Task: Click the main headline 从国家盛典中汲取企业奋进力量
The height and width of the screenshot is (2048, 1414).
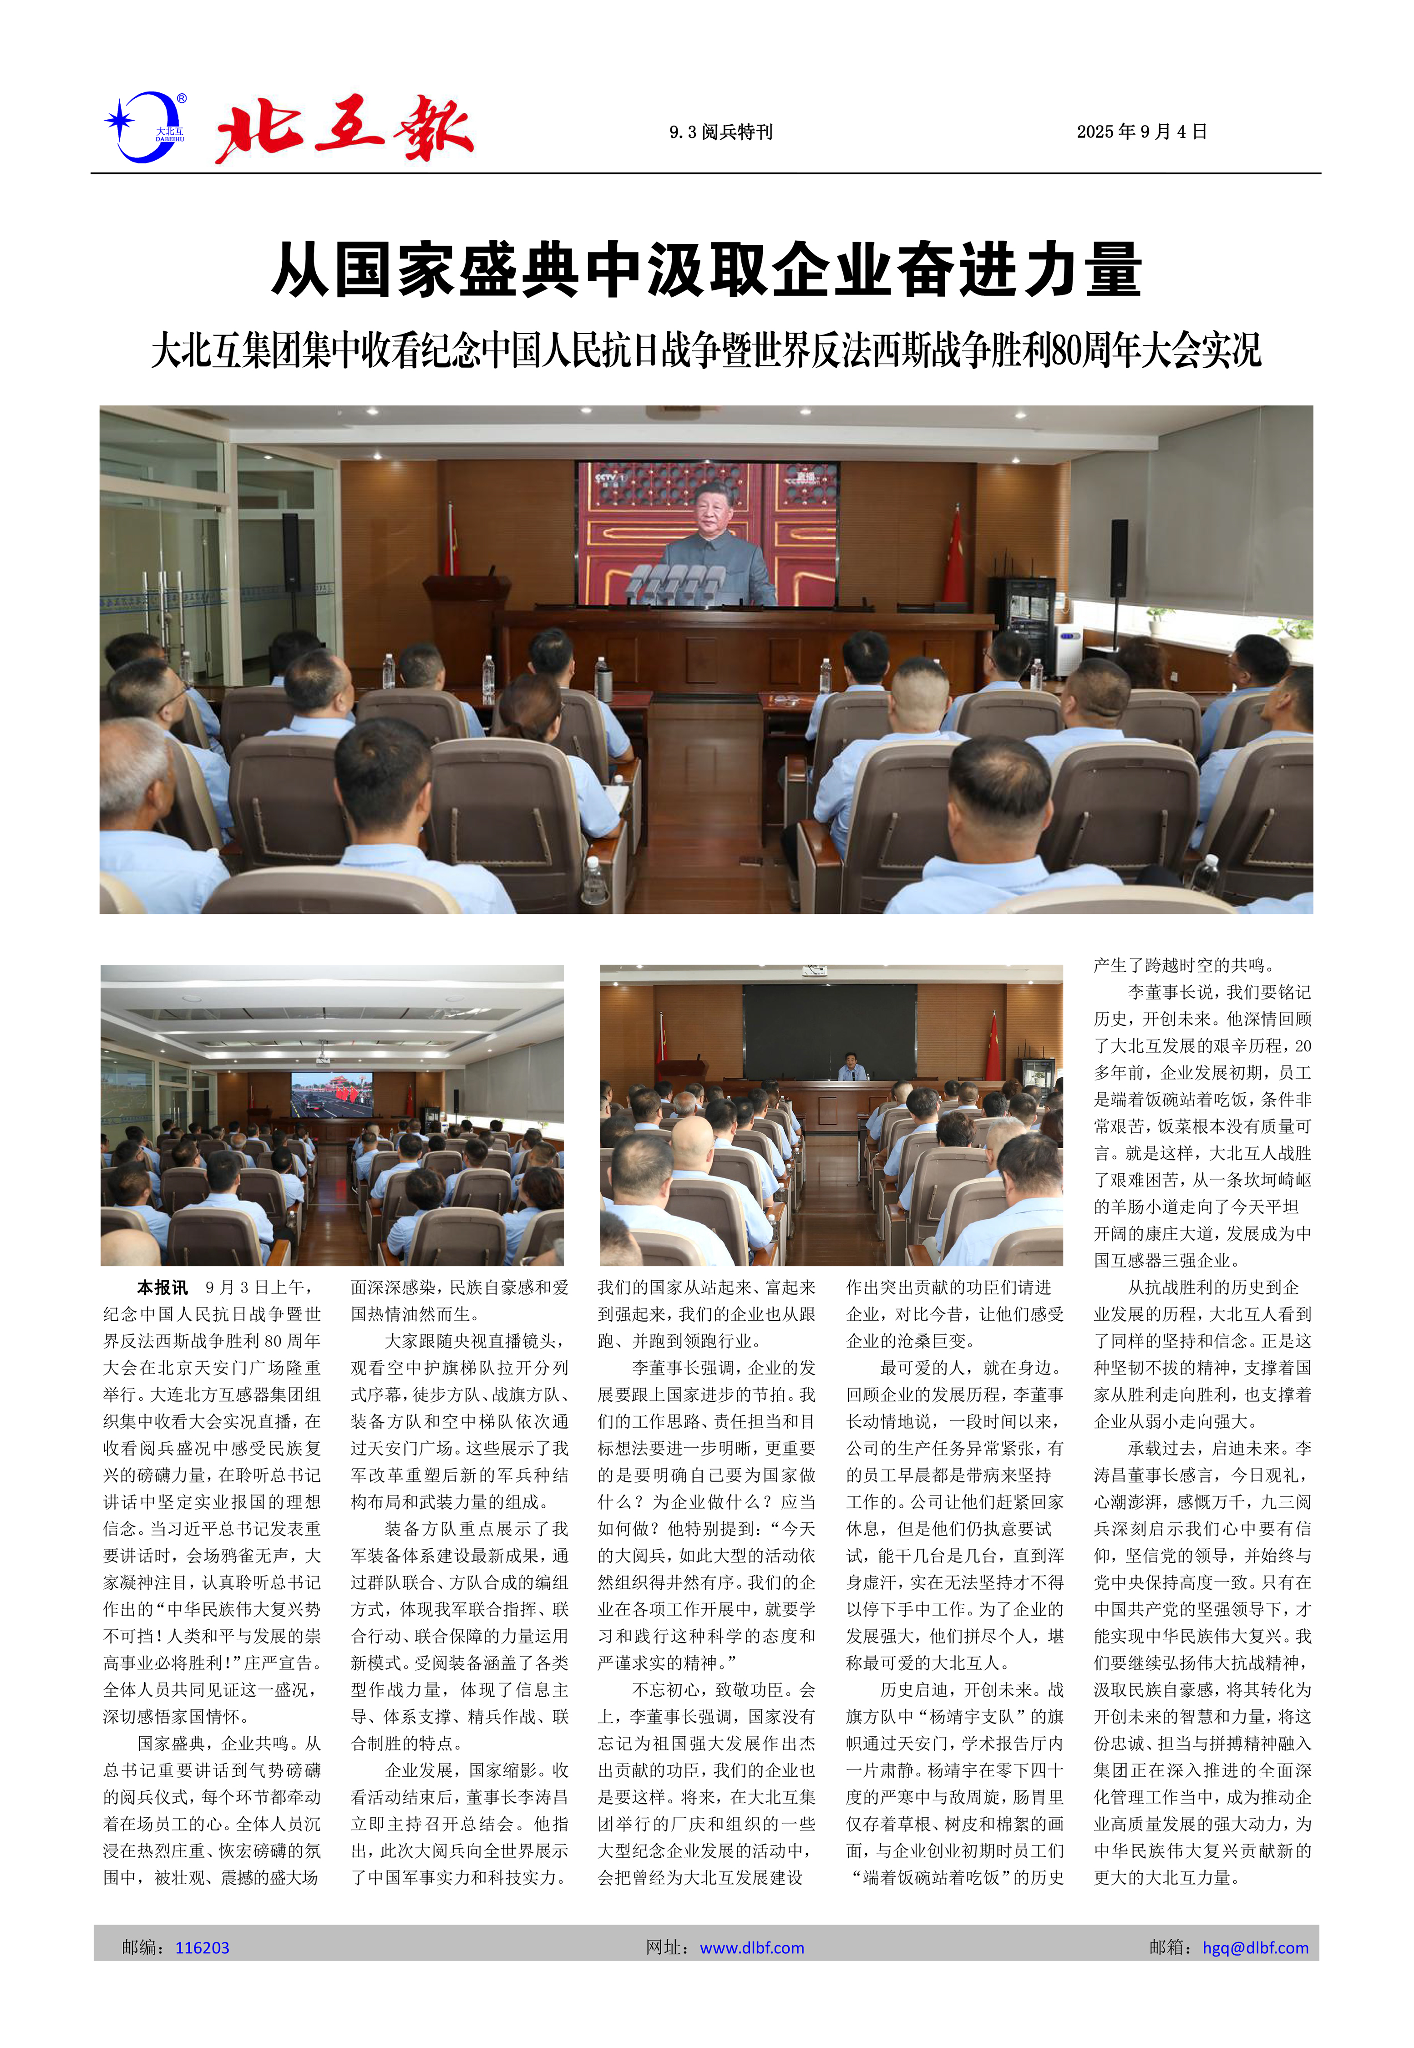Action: (706, 270)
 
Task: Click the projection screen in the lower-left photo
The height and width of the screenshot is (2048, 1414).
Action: (332, 1095)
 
